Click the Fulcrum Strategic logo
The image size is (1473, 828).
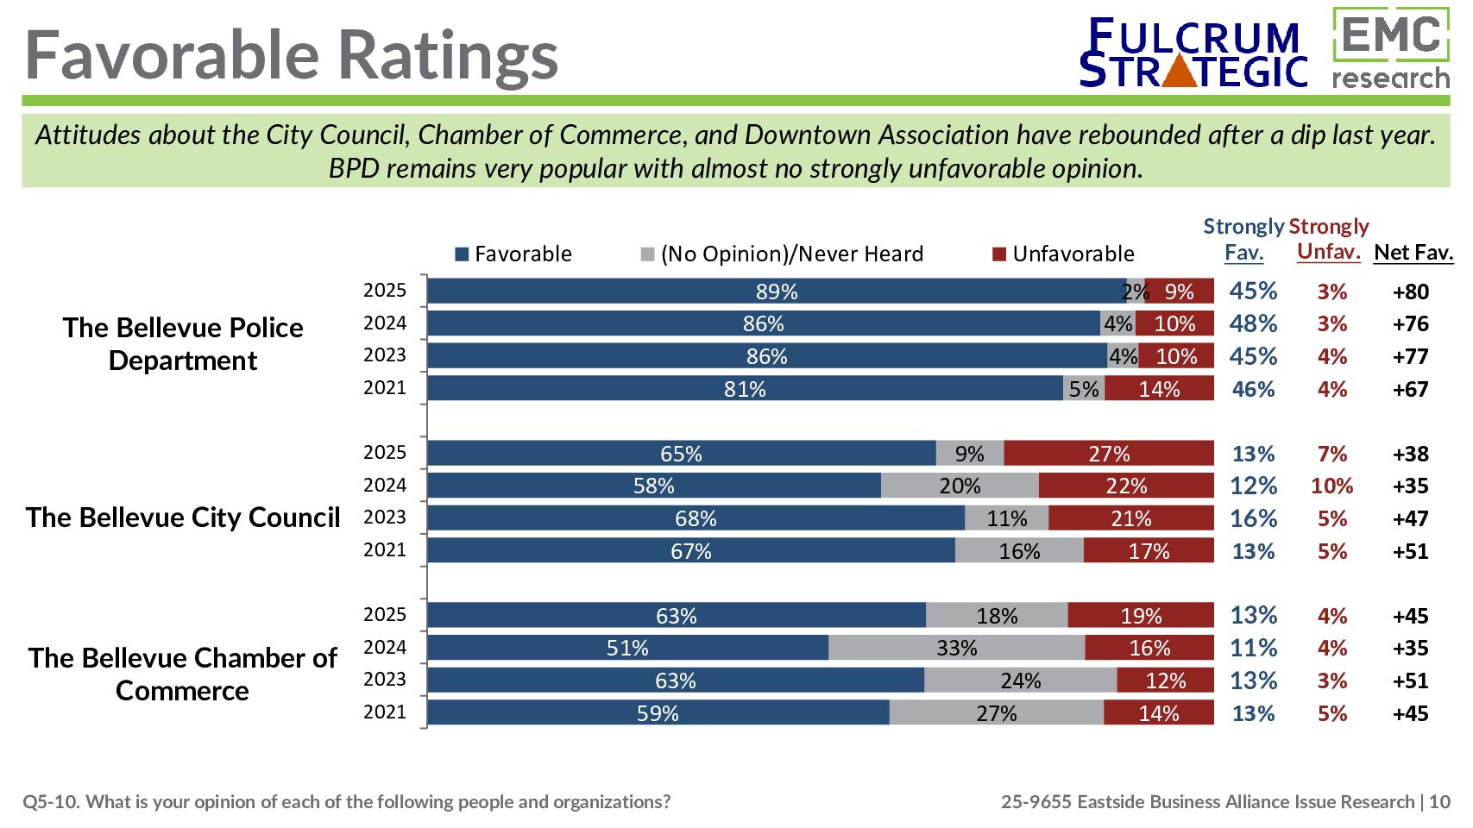1193,53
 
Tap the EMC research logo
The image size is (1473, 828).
1390,49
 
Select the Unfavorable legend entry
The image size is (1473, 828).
1063,254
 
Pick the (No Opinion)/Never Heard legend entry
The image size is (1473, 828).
782,254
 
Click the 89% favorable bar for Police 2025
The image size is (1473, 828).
776,292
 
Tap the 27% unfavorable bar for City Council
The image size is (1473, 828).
1109,454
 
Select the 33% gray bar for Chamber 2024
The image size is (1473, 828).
956,648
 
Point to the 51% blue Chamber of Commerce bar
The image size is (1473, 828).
627,648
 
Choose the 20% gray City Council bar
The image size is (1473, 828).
960,486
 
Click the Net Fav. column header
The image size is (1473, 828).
1413,253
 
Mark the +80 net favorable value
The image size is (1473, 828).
1411,292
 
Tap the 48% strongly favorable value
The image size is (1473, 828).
1253,324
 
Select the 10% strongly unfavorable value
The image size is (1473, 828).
1331,486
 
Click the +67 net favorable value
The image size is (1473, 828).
1411,390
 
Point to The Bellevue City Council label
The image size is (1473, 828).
183,517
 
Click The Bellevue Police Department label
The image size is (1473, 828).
183,344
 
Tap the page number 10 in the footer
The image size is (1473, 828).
1439,802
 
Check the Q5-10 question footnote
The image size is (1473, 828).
346,802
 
